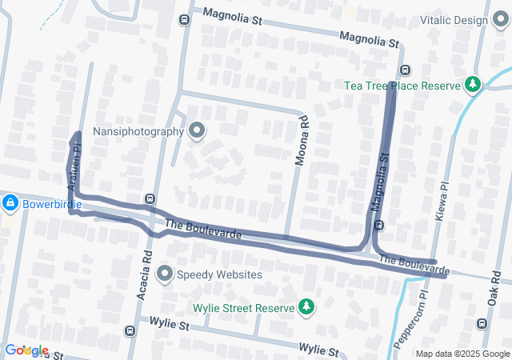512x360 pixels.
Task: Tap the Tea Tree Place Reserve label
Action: point(402,85)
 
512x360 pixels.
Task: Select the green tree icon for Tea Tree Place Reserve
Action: point(473,84)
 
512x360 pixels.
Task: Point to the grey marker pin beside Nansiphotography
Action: point(197,130)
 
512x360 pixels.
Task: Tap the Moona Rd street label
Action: point(302,142)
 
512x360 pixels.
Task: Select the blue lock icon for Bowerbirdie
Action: point(10,204)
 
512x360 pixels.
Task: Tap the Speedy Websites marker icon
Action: point(165,274)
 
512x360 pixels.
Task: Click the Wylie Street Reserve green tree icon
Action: point(305,306)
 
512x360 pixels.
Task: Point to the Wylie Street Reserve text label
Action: point(243,307)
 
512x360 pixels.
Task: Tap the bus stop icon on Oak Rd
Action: point(482,323)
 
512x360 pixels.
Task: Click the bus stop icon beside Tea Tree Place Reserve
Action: point(405,70)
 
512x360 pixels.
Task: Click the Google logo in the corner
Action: point(27,350)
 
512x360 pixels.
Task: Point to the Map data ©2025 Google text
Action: point(462,354)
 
